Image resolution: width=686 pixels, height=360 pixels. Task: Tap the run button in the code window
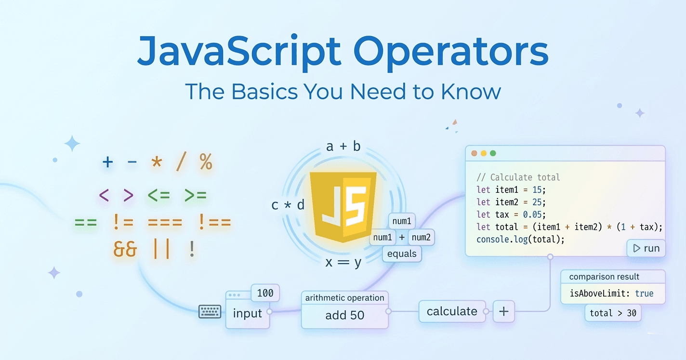click(x=646, y=248)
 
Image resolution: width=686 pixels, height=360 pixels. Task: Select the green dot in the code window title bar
click(x=493, y=153)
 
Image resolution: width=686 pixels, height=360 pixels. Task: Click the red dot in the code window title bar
click(x=474, y=153)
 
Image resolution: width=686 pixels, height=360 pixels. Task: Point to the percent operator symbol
click(x=206, y=162)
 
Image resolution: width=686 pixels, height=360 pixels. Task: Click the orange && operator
click(x=125, y=249)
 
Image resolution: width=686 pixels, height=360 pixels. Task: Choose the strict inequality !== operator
click(x=215, y=222)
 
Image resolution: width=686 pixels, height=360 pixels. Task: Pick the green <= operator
click(x=158, y=195)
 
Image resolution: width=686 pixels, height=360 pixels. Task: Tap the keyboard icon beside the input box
click(x=210, y=312)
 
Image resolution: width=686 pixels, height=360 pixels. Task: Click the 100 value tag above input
click(x=265, y=293)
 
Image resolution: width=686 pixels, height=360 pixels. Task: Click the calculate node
click(x=452, y=311)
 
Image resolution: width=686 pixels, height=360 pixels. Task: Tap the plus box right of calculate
click(x=504, y=311)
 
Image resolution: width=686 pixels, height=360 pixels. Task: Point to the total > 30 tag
click(x=613, y=313)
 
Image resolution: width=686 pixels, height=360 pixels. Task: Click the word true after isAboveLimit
click(x=645, y=293)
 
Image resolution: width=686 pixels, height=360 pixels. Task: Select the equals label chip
click(x=402, y=253)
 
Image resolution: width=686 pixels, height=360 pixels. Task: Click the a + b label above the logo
click(x=343, y=147)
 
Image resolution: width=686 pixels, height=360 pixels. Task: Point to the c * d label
click(x=288, y=205)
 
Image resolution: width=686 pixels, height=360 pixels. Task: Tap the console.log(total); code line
click(x=520, y=240)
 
